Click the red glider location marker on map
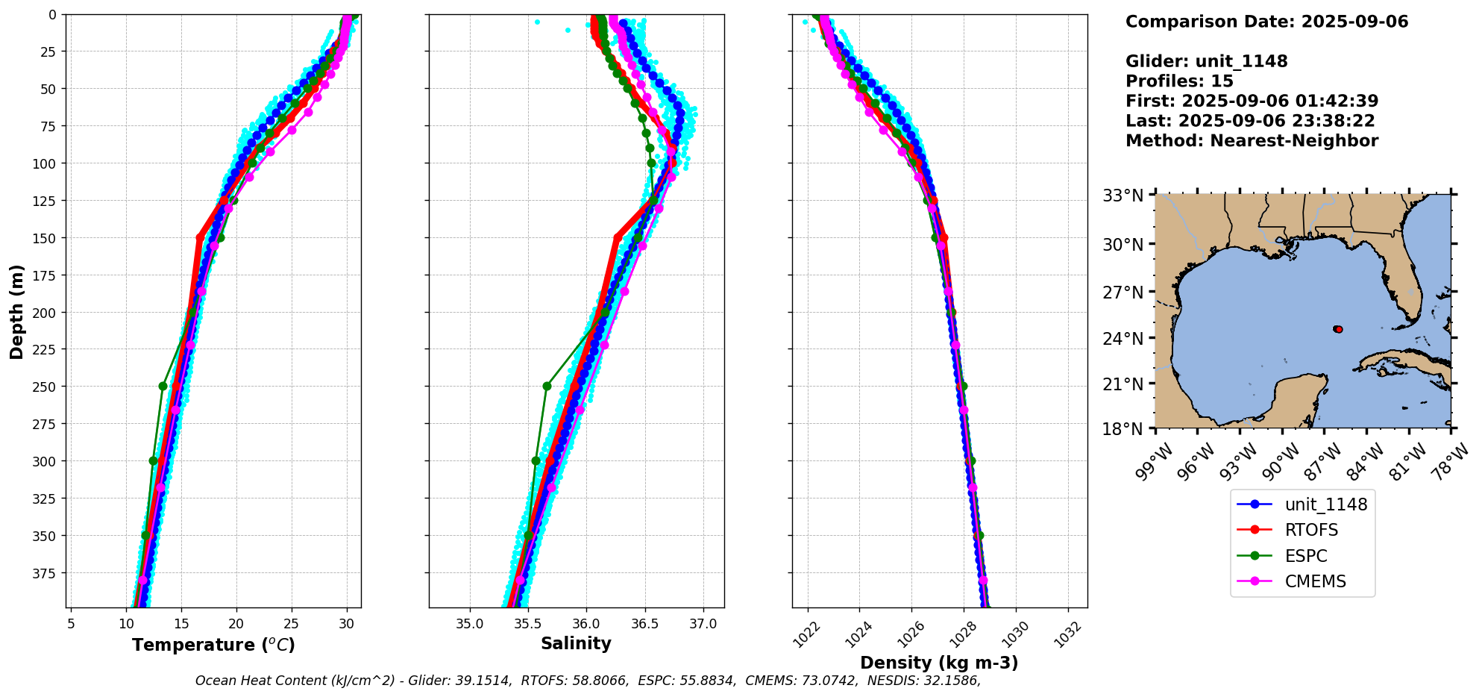pyautogui.click(x=1338, y=329)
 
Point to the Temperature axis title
pyautogui.click(x=213, y=645)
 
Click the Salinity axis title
pyautogui.click(x=576, y=643)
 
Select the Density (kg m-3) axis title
pyautogui.click(x=939, y=663)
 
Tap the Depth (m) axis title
pyautogui.click(x=16, y=311)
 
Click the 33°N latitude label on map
pyautogui.click(x=1123, y=196)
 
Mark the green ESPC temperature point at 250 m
pyautogui.click(x=163, y=386)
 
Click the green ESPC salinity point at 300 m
pyautogui.click(x=536, y=460)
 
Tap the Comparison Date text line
pyautogui.click(x=1266, y=22)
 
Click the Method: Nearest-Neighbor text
pyautogui.click(x=1252, y=141)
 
